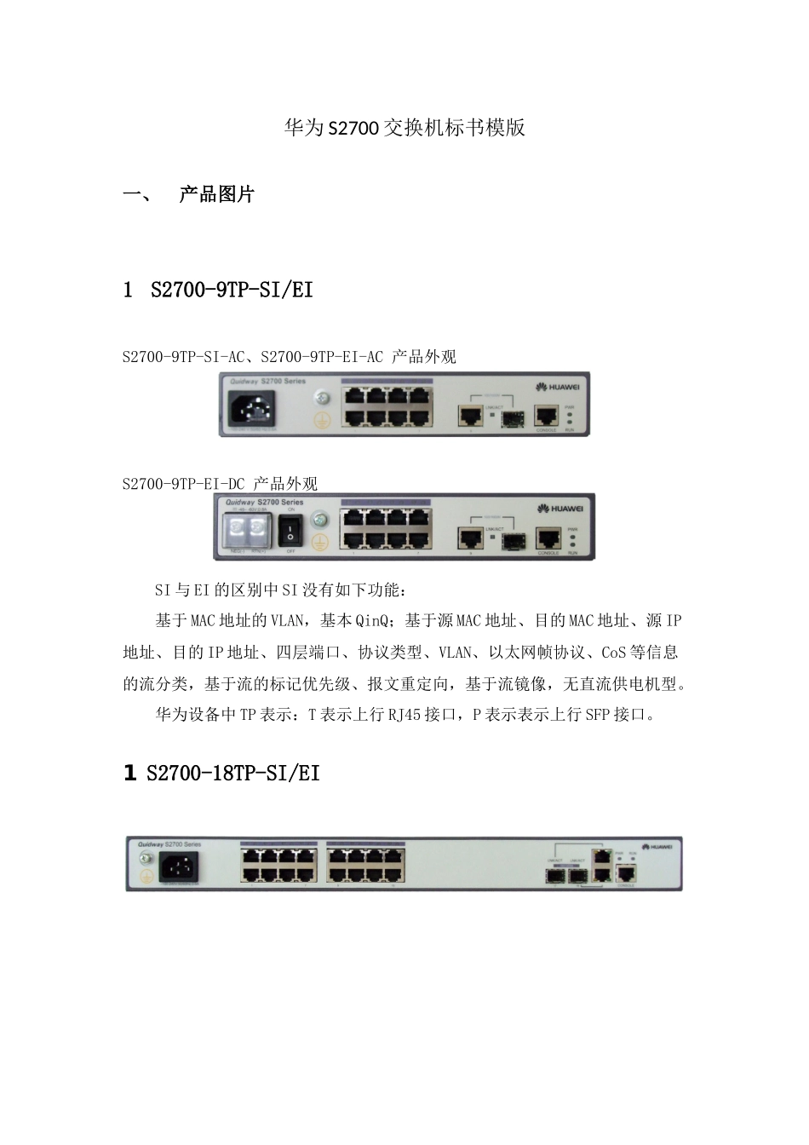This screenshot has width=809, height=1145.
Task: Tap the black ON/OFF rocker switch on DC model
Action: pyautogui.click(x=290, y=532)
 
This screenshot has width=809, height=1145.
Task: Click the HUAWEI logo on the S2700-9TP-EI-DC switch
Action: pyautogui.click(x=559, y=509)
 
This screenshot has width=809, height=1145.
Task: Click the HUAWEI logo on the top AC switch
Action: pyautogui.click(x=559, y=387)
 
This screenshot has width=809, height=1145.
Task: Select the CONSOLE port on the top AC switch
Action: pyautogui.click(x=546, y=415)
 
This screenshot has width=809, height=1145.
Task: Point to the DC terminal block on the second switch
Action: pyautogui.click(x=244, y=531)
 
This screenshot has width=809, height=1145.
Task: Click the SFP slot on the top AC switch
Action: pyautogui.click(x=511, y=417)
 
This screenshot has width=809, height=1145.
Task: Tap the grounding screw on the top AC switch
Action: pyautogui.click(x=323, y=398)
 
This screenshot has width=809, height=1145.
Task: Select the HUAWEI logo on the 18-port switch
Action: pyautogui.click(x=657, y=847)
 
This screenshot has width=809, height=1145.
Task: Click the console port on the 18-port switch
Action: pyautogui.click(x=626, y=872)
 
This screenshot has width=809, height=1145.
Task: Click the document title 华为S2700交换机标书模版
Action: pyautogui.click(x=404, y=128)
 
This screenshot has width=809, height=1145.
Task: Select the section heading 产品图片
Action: pyautogui.click(x=216, y=194)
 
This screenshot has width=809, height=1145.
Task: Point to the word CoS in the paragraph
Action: pyautogui.click(x=613, y=653)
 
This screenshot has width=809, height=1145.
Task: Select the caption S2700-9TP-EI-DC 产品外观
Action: pyautogui.click(x=220, y=484)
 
